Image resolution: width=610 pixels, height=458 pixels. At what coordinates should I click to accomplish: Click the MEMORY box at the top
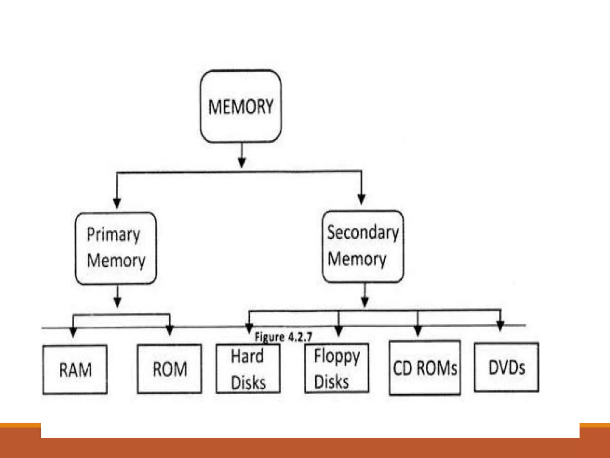pos(241,106)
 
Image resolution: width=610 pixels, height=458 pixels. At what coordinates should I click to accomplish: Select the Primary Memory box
pos(116,248)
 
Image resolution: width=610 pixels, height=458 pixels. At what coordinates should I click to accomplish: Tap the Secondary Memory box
pos(363,246)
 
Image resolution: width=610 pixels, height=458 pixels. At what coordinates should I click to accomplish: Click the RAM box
pos(75,370)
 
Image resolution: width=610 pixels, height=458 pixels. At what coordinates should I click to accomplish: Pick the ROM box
pos(169,369)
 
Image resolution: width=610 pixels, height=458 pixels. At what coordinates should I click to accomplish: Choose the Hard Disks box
pos(248,369)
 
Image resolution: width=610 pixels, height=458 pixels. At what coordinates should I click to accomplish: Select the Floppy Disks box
pos(337,369)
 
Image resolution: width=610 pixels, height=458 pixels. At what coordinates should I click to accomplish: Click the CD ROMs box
pos(425,368)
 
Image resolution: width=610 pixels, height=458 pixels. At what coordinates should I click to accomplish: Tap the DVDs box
pos(506,367)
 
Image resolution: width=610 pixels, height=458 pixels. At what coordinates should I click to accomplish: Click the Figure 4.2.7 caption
pos(283,337)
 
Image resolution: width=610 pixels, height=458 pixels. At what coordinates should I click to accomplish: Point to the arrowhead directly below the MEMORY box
pos(242,163)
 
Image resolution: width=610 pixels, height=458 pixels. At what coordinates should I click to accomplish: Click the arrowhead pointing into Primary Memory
pos(117,203)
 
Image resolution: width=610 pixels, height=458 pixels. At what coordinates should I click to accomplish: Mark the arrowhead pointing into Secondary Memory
pos(361,199)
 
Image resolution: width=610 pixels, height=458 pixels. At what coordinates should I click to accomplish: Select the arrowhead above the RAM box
pos(73,332)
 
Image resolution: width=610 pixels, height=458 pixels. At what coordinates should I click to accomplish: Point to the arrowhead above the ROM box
pos(169,330)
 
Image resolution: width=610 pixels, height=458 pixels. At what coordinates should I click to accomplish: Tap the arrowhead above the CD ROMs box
pos(418,330)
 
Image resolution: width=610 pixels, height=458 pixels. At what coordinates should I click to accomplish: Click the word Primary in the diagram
pos(113,235)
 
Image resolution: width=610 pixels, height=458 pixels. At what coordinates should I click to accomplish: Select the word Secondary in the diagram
pos(363,233)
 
